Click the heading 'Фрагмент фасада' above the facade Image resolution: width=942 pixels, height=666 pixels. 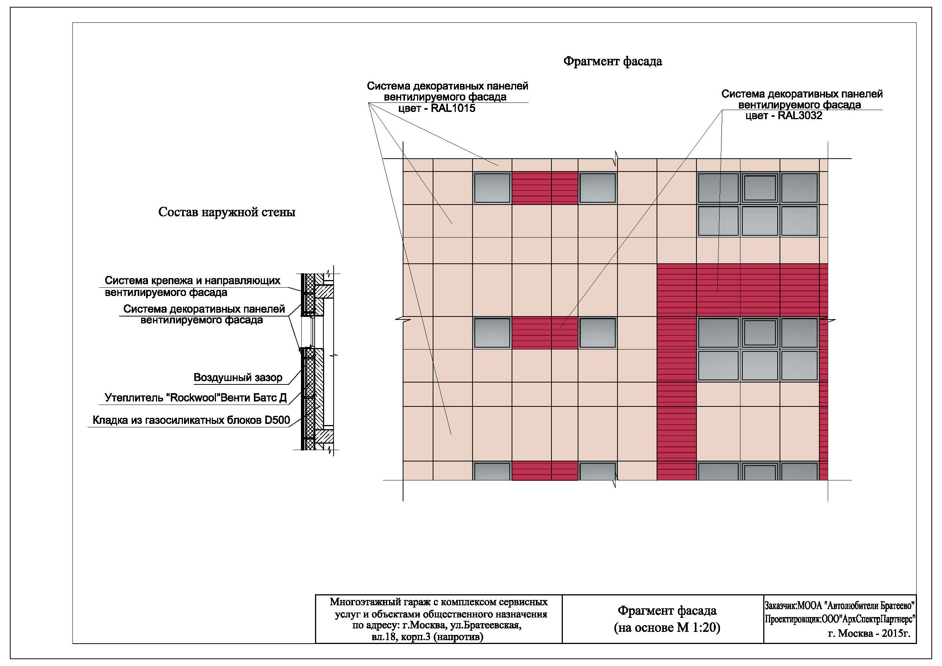click(613, 61)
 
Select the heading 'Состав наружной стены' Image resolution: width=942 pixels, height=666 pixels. click(227, 212)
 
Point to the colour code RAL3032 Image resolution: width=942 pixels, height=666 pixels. click(800, 116)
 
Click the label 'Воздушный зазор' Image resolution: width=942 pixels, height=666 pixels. click(238, 378)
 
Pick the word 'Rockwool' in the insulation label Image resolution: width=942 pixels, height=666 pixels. click(192, 398)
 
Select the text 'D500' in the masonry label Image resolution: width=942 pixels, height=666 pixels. click(277, 420)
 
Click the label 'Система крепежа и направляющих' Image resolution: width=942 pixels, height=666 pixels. click(192, 281)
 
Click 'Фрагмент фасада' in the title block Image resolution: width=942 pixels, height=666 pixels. click(667, 611)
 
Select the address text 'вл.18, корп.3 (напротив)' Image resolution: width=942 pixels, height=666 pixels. click(427, 637)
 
